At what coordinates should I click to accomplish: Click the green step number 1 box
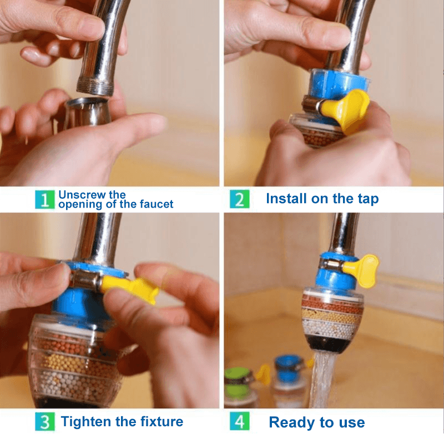pos(45,199)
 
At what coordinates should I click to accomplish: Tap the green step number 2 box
pos(239,199)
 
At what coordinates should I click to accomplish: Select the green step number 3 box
pos(45,421)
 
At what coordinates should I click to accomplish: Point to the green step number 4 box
pos(239,421)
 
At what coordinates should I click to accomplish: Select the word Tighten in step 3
pos(86,421)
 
